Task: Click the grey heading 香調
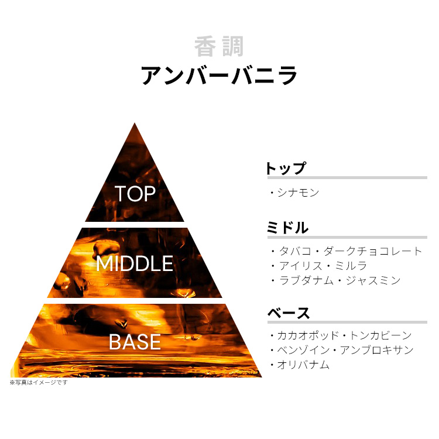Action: (x=219, y=47)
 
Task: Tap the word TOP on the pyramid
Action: (x=135, y=194)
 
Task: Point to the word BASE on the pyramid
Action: (x=135, y=342)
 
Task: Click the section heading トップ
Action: (x=286, y=169)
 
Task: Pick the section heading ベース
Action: (x=289, y=313)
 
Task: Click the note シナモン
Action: (x=299, y=192)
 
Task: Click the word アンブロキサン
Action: (x=383, y=350)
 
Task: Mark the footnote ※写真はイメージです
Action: (x=39, y=382)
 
